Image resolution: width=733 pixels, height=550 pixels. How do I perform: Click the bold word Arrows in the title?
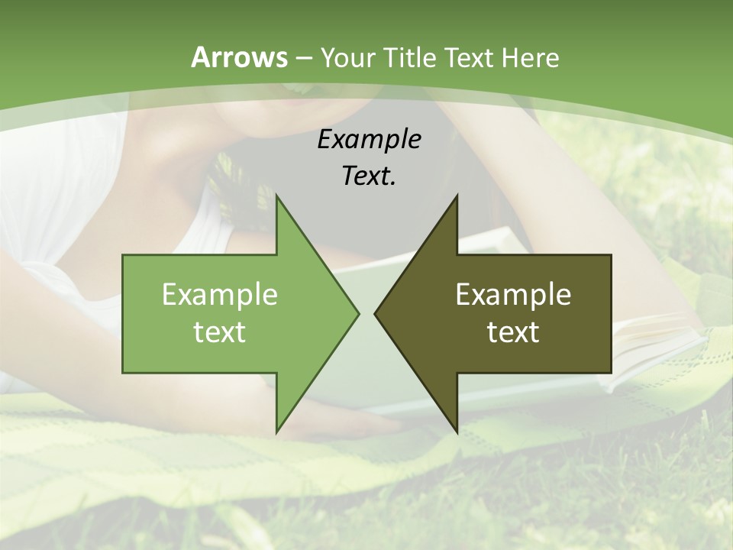point(239,57)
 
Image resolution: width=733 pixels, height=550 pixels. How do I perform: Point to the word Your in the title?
point(346,57)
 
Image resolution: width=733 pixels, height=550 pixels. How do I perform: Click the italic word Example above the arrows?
point(370,139)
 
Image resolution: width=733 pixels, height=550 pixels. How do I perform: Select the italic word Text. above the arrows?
point(370,176)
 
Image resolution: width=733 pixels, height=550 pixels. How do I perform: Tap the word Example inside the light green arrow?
point(220,295)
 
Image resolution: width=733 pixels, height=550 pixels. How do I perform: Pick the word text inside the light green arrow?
point(220,332)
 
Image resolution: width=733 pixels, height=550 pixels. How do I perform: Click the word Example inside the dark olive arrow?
point(513,295)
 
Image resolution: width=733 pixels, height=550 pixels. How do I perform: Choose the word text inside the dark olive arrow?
point(513,332)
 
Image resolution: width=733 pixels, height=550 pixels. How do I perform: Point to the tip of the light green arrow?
point(357,313)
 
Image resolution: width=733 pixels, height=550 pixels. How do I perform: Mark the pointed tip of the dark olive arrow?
point(376,313)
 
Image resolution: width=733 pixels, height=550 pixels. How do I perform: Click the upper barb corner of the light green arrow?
point(277,197)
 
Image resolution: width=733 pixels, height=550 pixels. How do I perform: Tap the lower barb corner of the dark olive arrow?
point(457,431)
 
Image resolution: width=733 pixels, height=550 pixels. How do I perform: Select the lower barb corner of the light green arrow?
point(277,431)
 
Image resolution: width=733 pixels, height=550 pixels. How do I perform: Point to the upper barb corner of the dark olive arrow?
point(457,197)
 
